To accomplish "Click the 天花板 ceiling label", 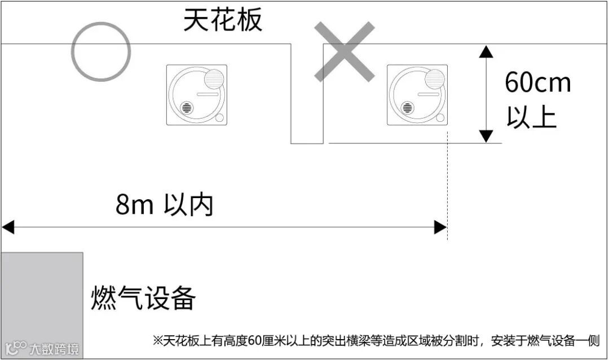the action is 223,20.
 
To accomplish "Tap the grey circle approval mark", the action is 101,51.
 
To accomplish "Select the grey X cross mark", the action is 344,51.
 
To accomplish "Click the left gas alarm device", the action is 197,95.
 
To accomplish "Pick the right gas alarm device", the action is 417,95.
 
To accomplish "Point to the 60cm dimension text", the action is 537,83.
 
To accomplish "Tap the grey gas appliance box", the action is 42,305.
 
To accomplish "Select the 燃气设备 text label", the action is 143,297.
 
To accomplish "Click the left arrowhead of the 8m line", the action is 7,227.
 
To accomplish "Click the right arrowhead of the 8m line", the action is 440,227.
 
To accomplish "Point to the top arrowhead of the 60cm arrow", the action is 486,51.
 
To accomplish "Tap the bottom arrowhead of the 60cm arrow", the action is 486,136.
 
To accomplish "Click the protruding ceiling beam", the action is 307,93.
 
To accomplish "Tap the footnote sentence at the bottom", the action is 376,340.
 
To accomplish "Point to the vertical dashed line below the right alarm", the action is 447,186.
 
